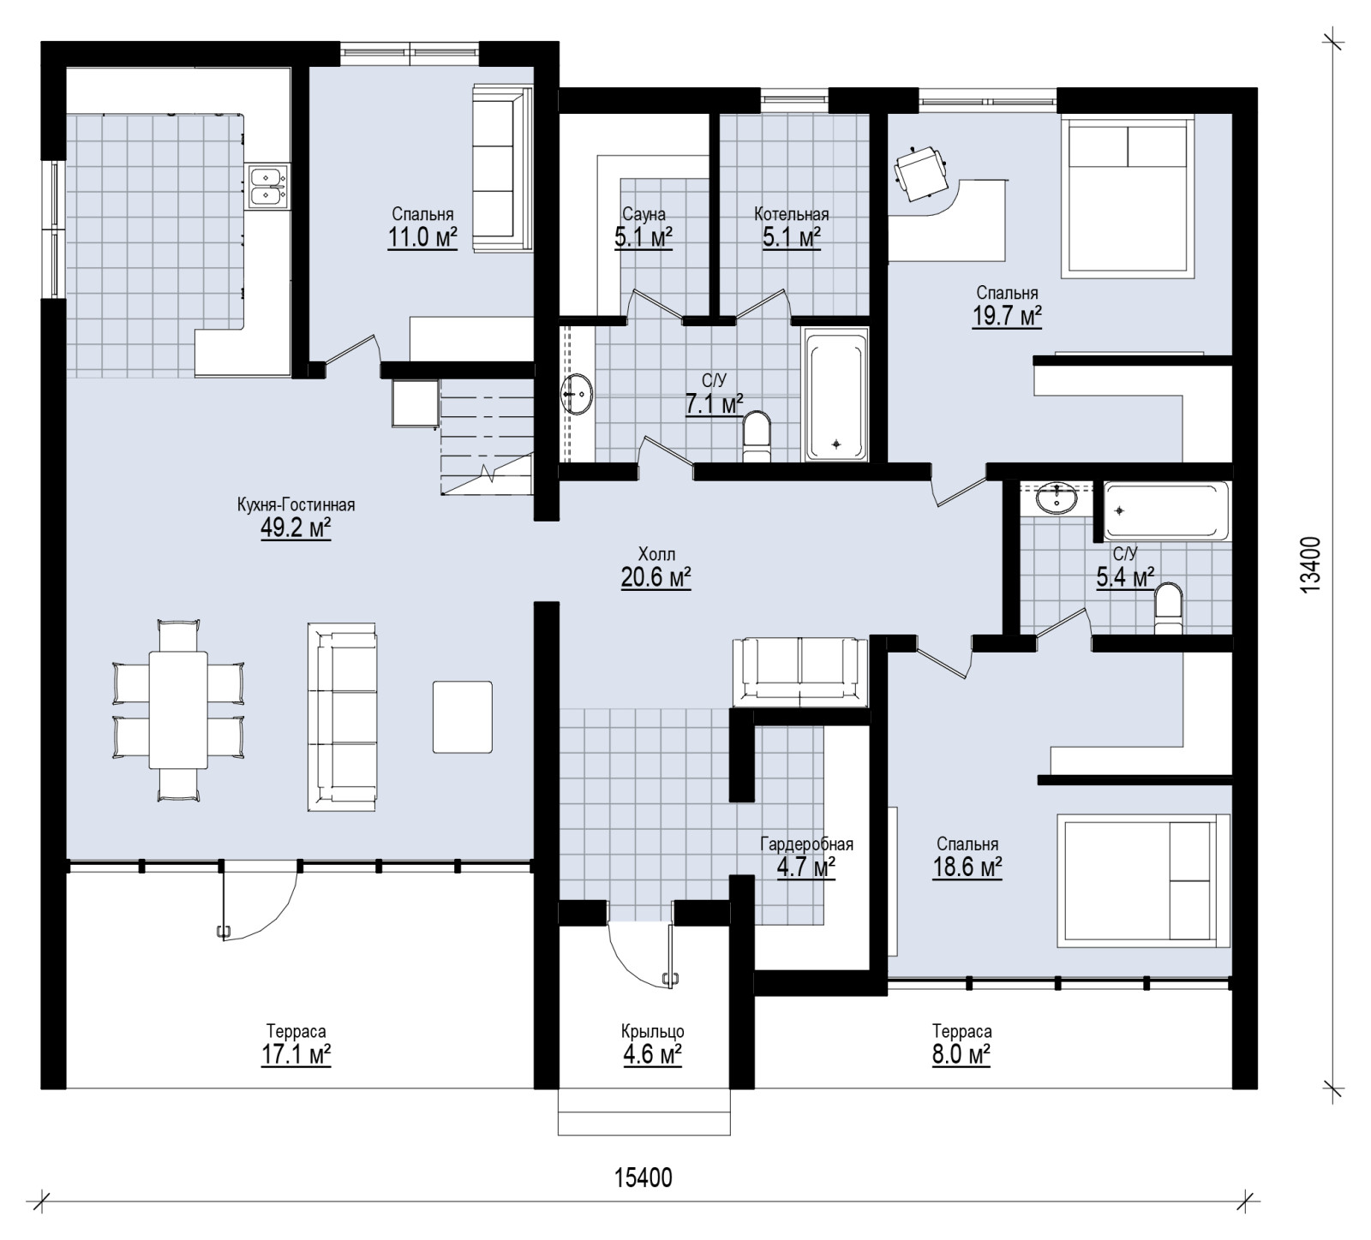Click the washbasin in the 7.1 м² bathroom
click(577, 394)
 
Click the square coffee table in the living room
click(463, 716)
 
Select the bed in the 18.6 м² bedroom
click(1143, 881)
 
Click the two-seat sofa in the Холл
click(800, 671)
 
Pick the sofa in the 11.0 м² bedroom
click(503, 169)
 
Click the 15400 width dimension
click(644, 1178)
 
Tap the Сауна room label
click(644, 214)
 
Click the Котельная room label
click(792, 214)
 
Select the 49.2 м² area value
click(296, 528)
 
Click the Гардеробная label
click(806, 844)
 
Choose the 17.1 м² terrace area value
click(296, 1053)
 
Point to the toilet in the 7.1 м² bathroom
click(757, 438)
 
